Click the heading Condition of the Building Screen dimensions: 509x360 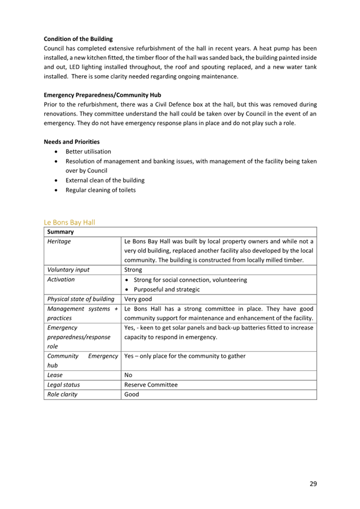pos(78,39)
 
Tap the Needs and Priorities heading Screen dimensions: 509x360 pos(71,141)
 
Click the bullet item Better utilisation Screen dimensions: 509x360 pos(88,152)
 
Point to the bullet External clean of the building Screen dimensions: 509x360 pos(105,180)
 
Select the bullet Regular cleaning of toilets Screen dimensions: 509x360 pos(100,190)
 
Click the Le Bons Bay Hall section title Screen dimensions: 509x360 pos(69,222)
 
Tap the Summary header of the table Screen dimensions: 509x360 pos(60,232)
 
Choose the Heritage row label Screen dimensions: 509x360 pos(59,241)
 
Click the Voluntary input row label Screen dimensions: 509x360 pos(68,270)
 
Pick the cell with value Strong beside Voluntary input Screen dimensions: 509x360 pos(133,270)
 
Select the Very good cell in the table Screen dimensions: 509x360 pos(138,299)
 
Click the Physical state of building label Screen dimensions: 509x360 pos(81,299)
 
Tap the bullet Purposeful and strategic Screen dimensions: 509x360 pos(166,289)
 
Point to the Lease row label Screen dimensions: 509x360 pos(55,375)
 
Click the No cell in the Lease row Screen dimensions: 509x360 pos(128,375)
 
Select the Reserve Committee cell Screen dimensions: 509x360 pos(151,385)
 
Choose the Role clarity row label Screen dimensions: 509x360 pos(62,394)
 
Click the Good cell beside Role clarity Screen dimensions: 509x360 pos(131,394)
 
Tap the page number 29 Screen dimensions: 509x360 pos(313,484)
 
